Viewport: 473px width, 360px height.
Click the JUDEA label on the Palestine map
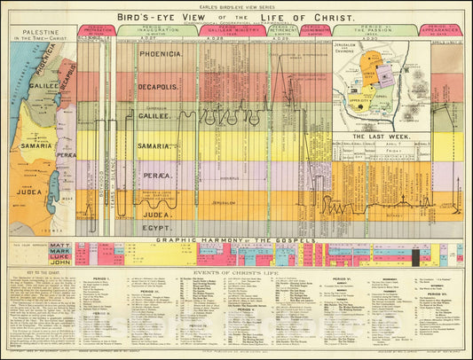click(x=33, y=189)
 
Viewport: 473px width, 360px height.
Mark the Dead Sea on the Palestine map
click(x=56, y=187)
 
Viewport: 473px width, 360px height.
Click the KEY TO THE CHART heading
click(x=37, y=273)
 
